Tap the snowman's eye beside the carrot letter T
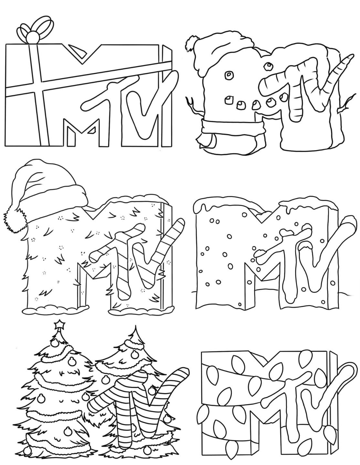(268, 67)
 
